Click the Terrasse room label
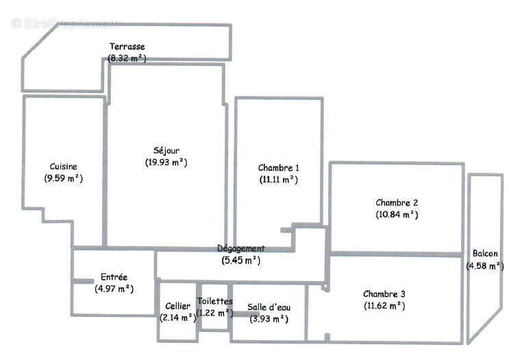click(127, 47)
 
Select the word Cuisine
click(63, 167)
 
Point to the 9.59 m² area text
click(63, 179)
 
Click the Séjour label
click(166, 150)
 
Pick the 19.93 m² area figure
click(166, 163)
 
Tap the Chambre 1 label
click(278, 167)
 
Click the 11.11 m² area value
click(278, 180)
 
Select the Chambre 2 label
click(397, 202)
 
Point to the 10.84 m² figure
click(397, 215)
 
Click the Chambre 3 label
click(384, 294)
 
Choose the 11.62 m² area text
click(384, 307)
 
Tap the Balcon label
click(485, 254)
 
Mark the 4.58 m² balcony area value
click(485, 266)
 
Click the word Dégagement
click(240, 248)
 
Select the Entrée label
click(114, 277)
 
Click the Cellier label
click(178, 306)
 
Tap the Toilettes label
click(214, 301)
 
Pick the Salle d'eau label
click(269, 307)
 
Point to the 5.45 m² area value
click(240, 260)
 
